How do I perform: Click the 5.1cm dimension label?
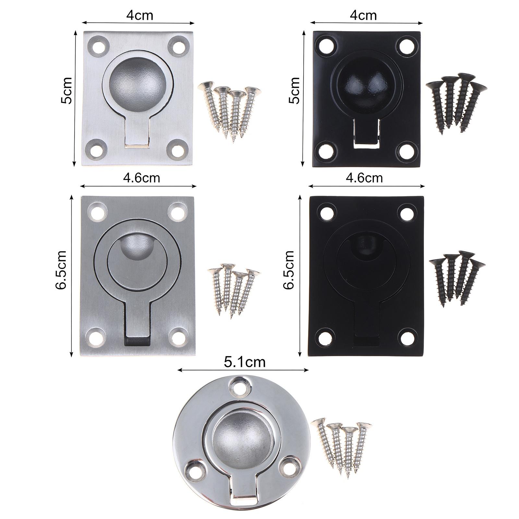tap(245, 362)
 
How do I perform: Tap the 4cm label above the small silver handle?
tap(139, 15)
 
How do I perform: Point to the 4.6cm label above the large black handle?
tap(364, 178)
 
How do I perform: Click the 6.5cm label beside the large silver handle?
tap(61, 270)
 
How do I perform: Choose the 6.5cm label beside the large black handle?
tap(288, 270)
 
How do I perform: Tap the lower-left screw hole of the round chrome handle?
tap(195, 467)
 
